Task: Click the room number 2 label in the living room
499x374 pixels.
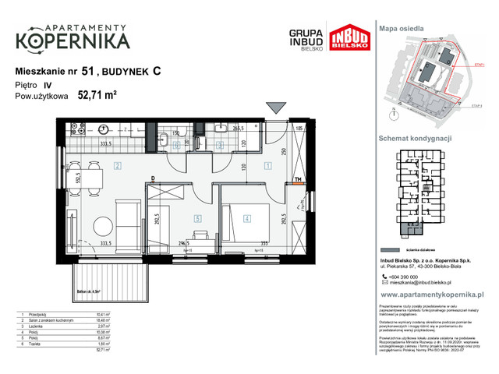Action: (115, 165)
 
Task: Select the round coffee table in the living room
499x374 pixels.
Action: (103, 226)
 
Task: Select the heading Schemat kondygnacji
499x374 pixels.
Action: (416, 137)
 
